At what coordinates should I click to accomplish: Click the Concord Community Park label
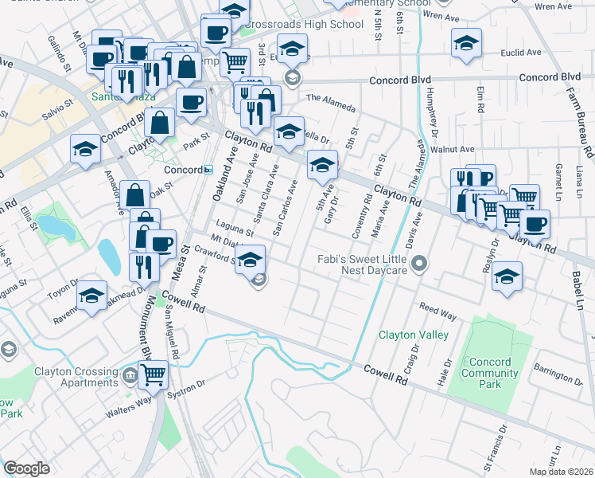[491, 372]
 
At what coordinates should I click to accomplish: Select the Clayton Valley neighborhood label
[414, 335]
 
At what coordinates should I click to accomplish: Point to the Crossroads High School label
[293, 24]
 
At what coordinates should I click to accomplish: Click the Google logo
[26, 468]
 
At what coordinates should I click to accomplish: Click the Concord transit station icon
[208, 170]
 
